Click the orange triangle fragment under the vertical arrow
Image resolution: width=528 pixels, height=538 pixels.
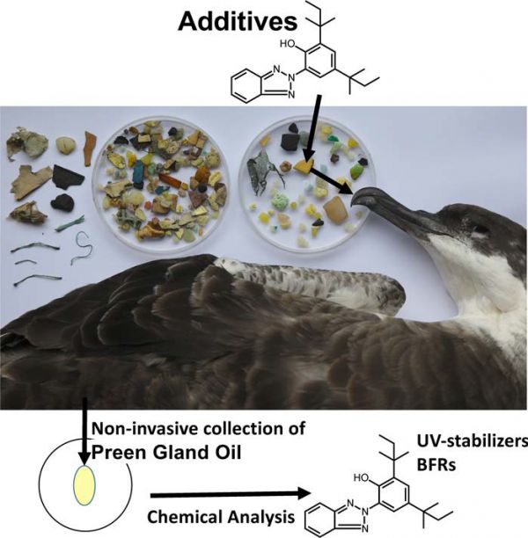click(304, 164)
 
